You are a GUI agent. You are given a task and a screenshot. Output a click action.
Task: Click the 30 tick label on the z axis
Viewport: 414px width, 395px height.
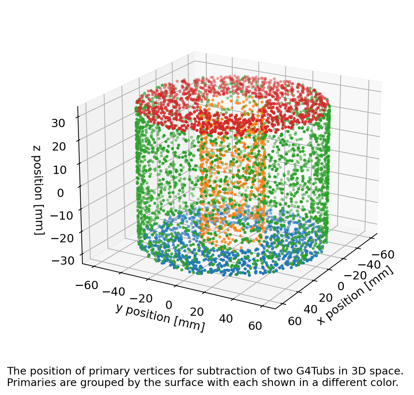58,124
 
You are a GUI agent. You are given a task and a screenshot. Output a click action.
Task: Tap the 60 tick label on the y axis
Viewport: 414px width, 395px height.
255,326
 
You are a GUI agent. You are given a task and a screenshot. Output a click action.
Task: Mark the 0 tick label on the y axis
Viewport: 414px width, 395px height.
168,305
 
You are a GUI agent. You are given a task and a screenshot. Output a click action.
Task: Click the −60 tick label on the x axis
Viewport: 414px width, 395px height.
383,255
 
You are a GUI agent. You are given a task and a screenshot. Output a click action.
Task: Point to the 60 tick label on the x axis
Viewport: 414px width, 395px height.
295,321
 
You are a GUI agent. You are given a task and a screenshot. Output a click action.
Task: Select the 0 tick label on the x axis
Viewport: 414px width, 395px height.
341,286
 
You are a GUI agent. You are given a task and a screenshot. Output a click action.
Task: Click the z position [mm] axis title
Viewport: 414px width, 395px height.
39,190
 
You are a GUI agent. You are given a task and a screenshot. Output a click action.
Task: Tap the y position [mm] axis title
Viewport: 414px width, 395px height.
160,317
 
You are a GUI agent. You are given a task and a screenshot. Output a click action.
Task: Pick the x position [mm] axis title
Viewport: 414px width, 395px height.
355,296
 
